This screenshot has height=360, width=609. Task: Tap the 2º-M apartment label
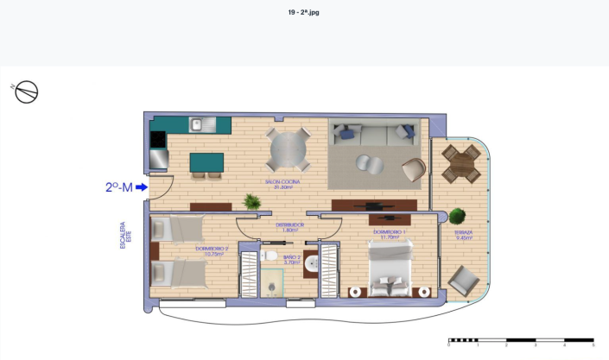point(118,186)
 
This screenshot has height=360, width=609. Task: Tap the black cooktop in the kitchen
point(158,139)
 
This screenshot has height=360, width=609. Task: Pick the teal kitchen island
point(206,161)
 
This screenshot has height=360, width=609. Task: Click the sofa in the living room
point(374,134)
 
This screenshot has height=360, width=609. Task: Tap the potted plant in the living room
point(251,202)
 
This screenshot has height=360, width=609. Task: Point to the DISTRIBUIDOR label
point(289,226)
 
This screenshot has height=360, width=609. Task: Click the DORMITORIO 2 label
point(210,251)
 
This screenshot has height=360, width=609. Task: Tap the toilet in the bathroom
point(271,256)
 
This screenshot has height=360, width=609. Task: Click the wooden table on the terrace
point(461,163)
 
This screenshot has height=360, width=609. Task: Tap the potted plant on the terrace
point(458,217)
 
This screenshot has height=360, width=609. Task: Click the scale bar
point(520,340)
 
